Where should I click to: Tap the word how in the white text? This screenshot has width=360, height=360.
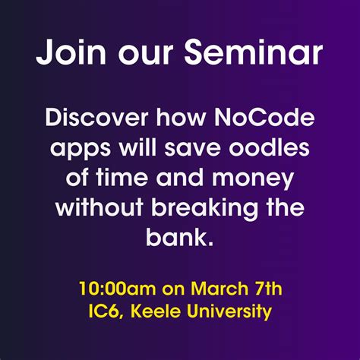[177, 120]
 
